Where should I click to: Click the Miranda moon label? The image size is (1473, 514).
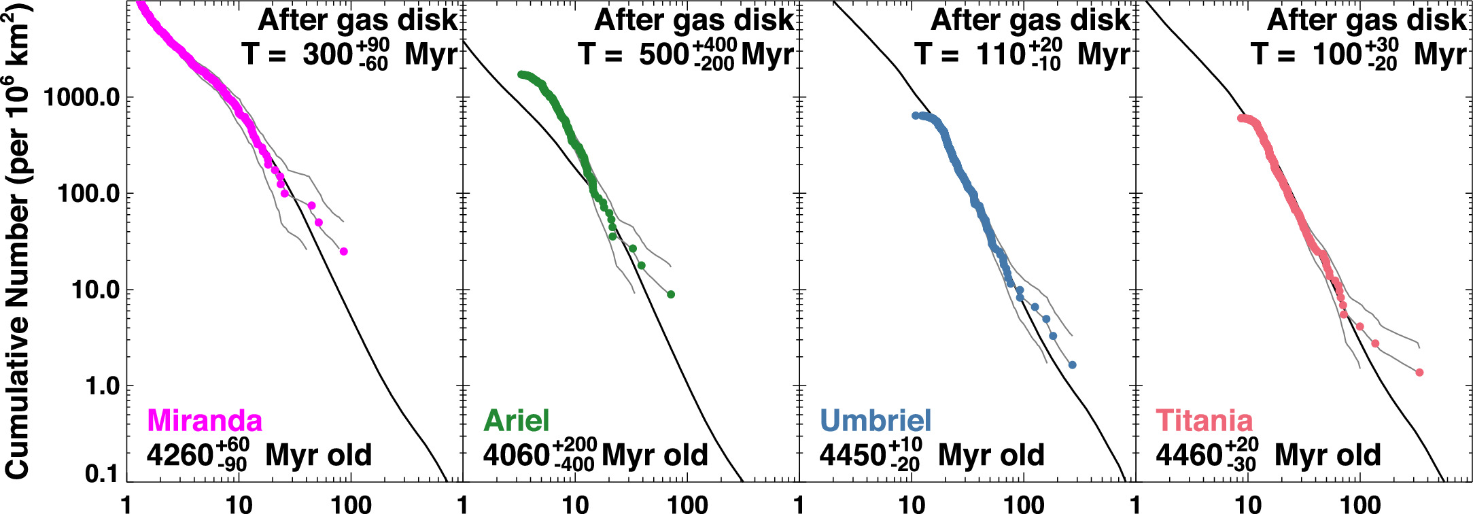pos(204,420)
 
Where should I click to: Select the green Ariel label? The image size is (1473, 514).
pos(516,420)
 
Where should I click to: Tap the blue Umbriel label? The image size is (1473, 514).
pos(876,420)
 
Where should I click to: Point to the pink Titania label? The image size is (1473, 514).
pos(1204,420)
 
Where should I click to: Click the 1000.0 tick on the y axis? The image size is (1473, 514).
pos(82,97)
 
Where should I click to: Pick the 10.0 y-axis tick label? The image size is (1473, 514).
pos(95,290)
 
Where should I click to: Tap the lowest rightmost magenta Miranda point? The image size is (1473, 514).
pos(343,252)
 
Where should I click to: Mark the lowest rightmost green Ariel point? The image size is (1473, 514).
pos(671,294)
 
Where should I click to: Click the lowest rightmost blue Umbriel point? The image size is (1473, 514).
pos(1072,365)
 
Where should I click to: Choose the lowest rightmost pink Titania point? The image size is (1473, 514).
pos(1419,373)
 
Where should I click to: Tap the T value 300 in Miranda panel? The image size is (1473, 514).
pos(328,54)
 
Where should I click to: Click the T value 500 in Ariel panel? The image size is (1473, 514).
pos(663,54)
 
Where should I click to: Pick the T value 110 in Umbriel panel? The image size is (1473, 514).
pos(1001,54)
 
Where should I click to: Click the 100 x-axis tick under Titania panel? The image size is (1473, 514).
pos(1360,504)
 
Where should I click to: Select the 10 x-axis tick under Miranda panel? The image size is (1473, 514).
pos(239,504)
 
